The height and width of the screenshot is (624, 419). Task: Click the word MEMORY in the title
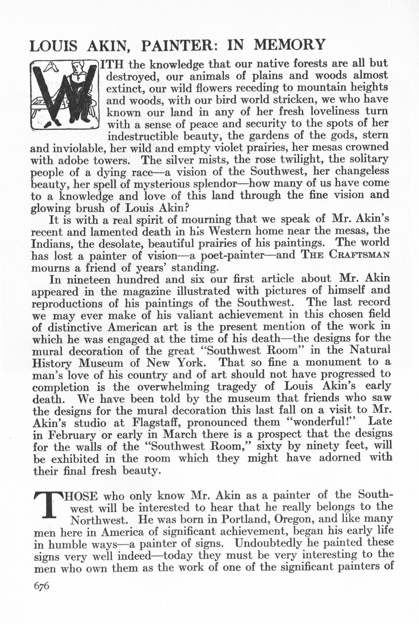(289, 45)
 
